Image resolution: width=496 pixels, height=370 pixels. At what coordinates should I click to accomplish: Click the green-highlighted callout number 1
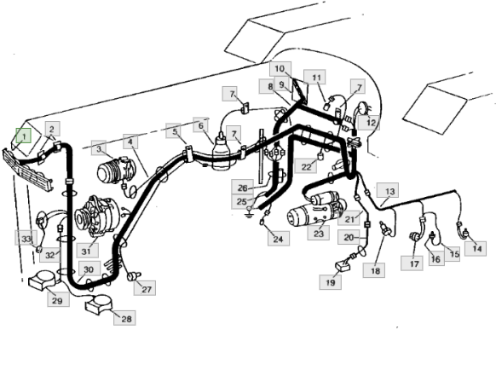click(23, 136)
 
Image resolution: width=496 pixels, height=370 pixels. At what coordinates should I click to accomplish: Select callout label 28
click(124, 318)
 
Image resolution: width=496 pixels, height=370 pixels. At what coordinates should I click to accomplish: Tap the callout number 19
click(331, 282)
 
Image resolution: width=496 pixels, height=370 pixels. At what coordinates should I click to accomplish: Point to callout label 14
click(476, 248)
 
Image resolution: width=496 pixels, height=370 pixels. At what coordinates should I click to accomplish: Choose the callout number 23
click(318, 233)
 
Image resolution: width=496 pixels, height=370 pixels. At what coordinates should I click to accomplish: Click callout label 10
click(280, 69)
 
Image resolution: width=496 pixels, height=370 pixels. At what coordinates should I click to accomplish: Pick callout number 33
click(26, 238)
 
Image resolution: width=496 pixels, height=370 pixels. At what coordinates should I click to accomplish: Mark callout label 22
click(306, 166)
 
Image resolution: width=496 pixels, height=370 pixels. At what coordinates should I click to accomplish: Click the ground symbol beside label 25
click(249, 214)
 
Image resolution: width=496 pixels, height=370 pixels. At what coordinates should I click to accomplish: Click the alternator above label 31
click(97, 217)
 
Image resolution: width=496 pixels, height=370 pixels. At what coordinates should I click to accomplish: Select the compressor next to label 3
click(116, 171)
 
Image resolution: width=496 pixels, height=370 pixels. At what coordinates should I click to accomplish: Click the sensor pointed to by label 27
click(134, 276)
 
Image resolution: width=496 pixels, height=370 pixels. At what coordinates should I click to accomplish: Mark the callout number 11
click(314, 77)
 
